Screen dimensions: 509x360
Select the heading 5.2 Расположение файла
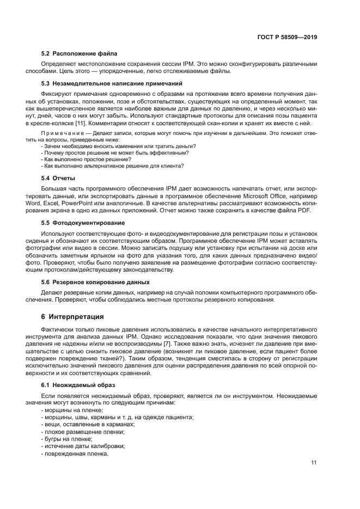click(80, 53)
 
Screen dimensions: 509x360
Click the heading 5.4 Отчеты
click(58, 178)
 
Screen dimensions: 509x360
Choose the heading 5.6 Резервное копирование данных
click(96, 282)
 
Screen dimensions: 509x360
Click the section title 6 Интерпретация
click(72, 316)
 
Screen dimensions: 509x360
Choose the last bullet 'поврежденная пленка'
click(75, 454)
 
